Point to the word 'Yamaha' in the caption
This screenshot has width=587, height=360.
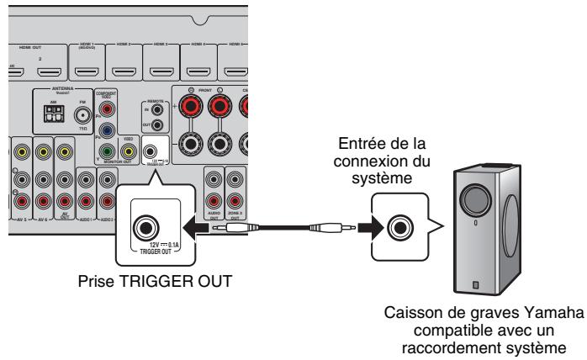pyautogui.click(x=556, y=313)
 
